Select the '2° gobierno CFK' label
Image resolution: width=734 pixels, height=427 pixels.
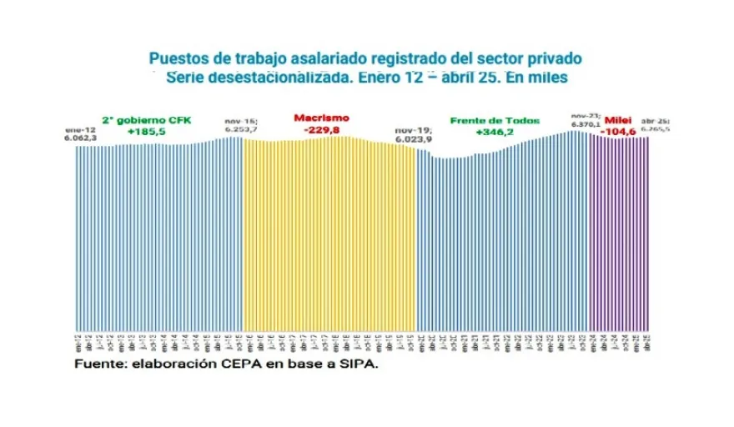pyautogui.click(x=146, y=120)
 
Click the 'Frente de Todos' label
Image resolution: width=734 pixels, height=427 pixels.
pyautogui.click(x=484, y=120)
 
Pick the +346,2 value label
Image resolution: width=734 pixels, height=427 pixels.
pyautogui.click(x=493, y=132)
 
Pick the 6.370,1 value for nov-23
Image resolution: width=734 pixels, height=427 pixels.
pyautogui.click(x=586, y=124)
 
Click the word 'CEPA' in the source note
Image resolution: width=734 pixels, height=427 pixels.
pyautogui.click(x=232, y=364)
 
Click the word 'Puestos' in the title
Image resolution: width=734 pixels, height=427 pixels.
pyautogui.click(x=174, y=59)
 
